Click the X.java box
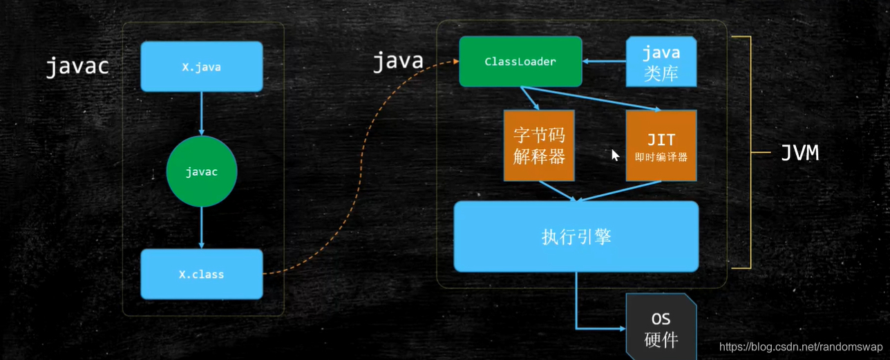tap(201, 67)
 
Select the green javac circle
tap(202, 171)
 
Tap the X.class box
tap(201, 274)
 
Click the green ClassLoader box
tap(520, 61)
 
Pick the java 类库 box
tap(661, 62)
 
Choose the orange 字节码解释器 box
tap(539, 145)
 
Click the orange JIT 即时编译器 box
tap(661, 145)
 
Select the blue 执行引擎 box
tap(576, 236)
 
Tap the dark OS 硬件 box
tap(661, 329)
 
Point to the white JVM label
tap(799, 153)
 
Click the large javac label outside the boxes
tap(77, 66)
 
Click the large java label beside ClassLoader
tap(398, 61)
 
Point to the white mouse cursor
tap(615, 155)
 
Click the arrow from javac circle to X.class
tap(202, 227)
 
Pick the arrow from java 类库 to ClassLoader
tap(604, 61)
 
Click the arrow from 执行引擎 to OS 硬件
tap(576, 304)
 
